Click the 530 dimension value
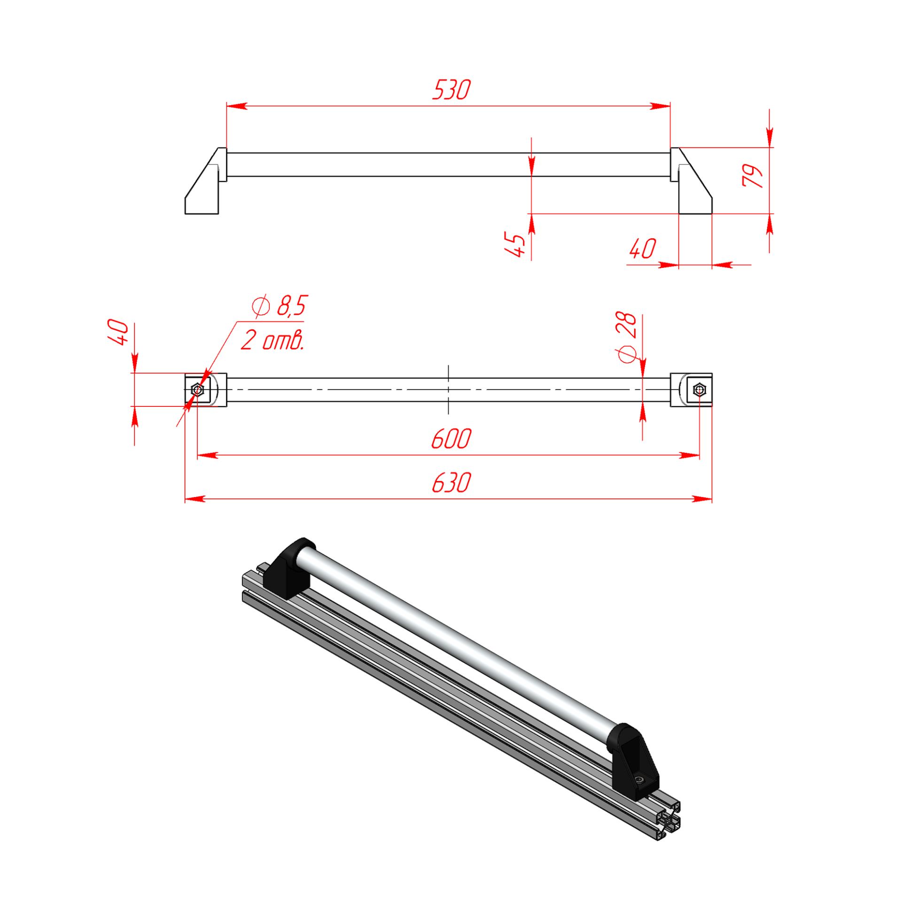pyautogui.click(x=451, y=90)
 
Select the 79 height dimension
pyautogui.click(x=753, y=176)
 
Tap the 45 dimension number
pyautogui.click(x=515, y=244)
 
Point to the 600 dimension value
pyautogui.click(x=451, y=439)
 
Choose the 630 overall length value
pyautogui.click(x=451, y=483)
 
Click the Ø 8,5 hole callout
pyautogui.click(x=280, y=306)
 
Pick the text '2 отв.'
pyautogui.click(x=272, y=340)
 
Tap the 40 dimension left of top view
pyautogui.click(x=118, y=332)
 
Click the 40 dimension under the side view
pyautogui.click(x=643, y=249)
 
